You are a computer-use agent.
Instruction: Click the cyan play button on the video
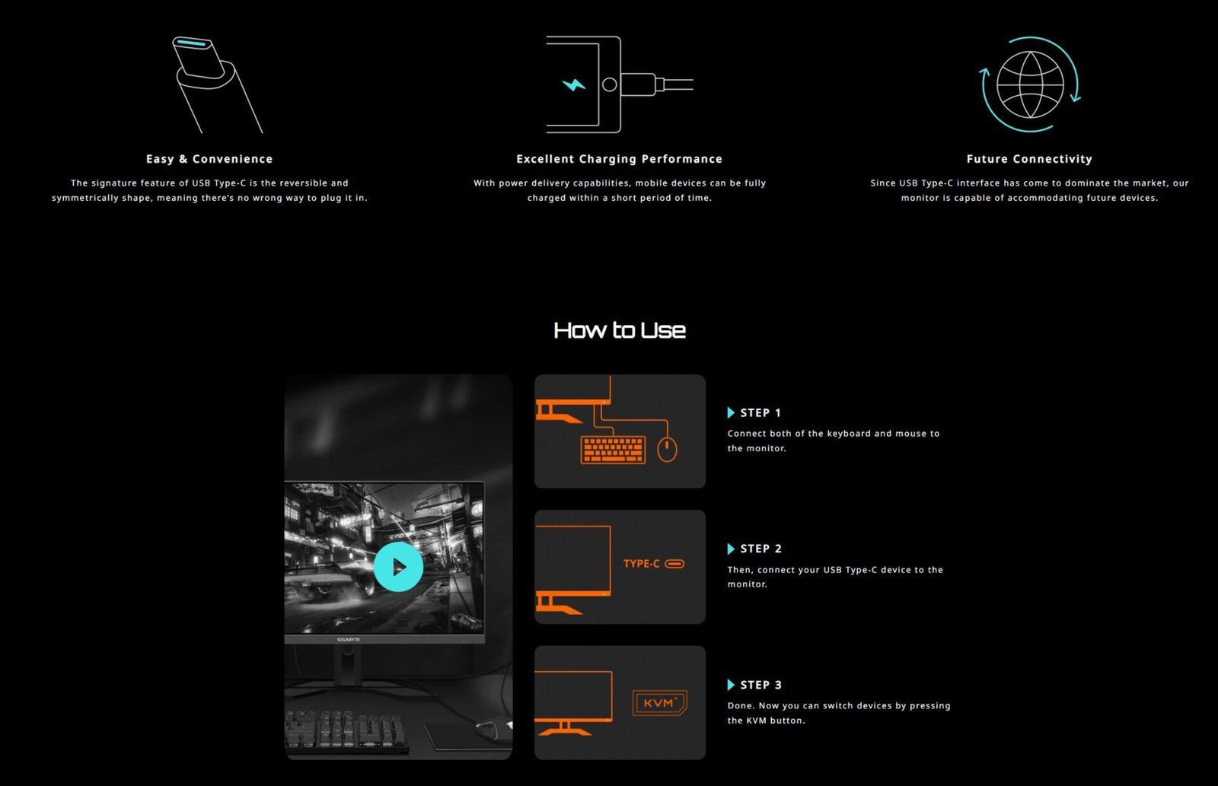398,566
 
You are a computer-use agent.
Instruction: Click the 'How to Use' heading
620,330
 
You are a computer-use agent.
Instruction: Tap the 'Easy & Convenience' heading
209,159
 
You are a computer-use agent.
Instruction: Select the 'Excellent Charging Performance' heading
620,159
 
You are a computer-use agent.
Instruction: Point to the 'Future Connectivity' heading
1029,159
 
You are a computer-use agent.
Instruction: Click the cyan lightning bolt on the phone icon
574,84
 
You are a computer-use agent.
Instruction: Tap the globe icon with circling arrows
1030,84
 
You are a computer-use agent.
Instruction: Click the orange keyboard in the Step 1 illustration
614,450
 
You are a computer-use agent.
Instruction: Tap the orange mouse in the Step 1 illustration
667,450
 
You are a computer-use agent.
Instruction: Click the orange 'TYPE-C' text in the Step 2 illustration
641,564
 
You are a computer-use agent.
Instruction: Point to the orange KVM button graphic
659,703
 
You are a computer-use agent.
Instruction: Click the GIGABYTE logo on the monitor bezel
348,640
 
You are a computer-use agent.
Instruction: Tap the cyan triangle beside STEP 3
731,685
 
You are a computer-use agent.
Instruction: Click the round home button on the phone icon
610,84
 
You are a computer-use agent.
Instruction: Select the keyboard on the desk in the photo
346,732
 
